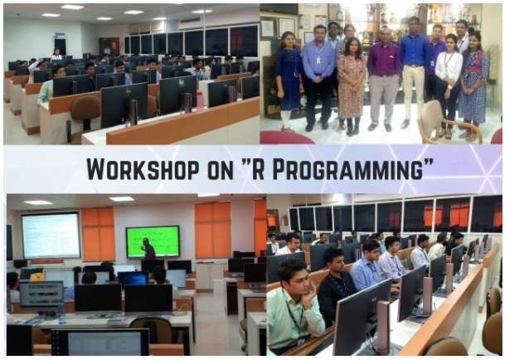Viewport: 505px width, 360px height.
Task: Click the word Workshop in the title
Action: click(x=143, y=169)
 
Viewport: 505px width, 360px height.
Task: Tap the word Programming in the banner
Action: click(x=347, y=169)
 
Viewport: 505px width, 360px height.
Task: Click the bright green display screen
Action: click(x=153, y=241)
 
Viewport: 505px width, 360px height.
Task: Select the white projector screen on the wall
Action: click(x=51, y=236)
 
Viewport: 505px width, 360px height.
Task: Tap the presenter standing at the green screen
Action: click(x=148, y=249)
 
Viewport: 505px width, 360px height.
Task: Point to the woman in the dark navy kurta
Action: click(x=288, y=80)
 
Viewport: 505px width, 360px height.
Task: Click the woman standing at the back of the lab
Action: click(x=56, y=55)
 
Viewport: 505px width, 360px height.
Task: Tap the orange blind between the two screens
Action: click(x=98, y=234)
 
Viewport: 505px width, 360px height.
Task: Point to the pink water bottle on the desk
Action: click(x=200, y=101)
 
